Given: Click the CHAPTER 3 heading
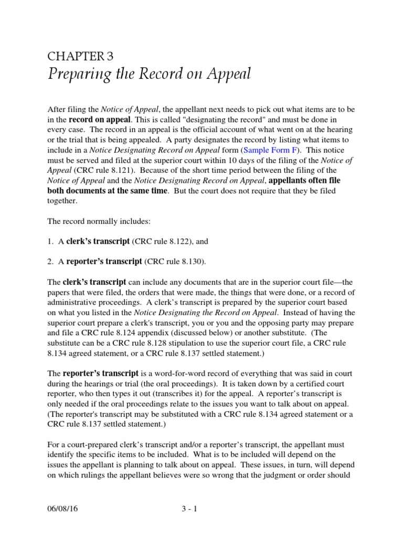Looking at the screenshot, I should point(80,57).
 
